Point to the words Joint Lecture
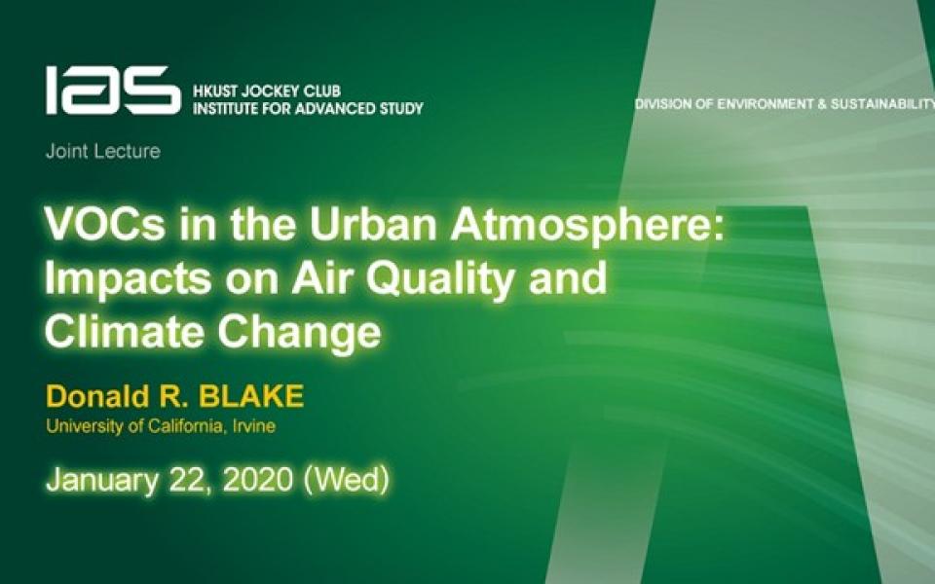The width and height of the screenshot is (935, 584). (x=102, y=152)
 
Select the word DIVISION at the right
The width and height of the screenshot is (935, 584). (x=664, y=104)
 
